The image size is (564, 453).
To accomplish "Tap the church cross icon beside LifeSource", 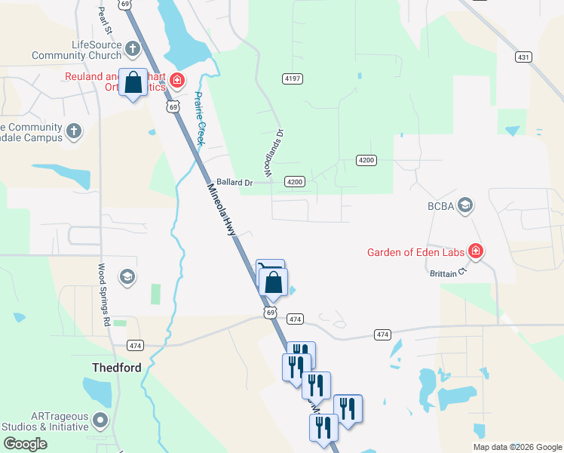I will (133, 50).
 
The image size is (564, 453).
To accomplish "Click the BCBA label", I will (440, 205).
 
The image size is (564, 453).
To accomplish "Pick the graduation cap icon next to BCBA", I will (465, 205).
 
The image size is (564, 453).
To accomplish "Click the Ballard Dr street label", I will (234, 182).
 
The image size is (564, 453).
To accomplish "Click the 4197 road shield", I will (293, 79).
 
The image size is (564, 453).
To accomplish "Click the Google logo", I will (25, 445).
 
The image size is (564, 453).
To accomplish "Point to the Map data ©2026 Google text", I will (517, 447).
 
